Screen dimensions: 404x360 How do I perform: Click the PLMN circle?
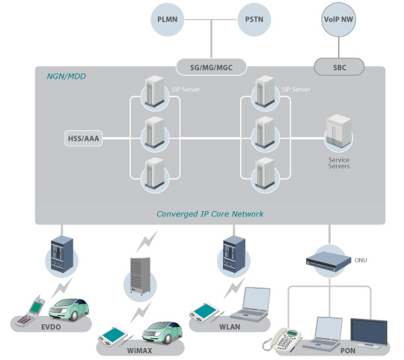(x=168, y=19)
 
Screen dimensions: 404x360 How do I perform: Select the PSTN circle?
(x=254, y=19)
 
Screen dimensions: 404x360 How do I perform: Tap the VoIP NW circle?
(x=339, y=19)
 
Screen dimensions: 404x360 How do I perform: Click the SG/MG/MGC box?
(x=211, y=67)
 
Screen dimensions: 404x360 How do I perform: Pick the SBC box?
(x=340, y=67)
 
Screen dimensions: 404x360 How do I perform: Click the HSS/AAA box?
(x=84, y=138)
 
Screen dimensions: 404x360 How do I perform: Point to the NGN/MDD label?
(x=67, y=76)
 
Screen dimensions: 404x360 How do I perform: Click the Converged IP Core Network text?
(x=209, y=214)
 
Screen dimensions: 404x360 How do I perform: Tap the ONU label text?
(x=361, y=260)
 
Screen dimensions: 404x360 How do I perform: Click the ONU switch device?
(x=328, y=261)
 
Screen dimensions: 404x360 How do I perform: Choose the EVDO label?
(x=51, y=327)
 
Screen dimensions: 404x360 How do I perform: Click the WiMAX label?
(x=139, y=350)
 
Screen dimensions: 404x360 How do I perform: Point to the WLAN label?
(x=230, y=327)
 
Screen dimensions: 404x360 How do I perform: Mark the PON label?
(x=348, y=350)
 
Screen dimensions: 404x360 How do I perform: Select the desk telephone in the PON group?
(x=281, y=340)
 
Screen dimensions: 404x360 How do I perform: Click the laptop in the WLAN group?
(x=251, y=304)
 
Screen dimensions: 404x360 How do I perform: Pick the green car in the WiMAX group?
(x=162, y=332)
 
